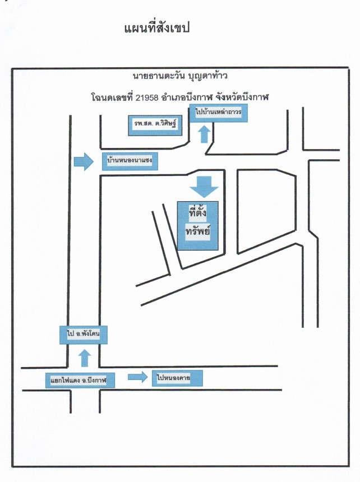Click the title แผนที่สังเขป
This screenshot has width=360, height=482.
pyautogui.click(x=157, y=27)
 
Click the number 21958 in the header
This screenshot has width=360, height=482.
pyautogui.click(x=147, y=98)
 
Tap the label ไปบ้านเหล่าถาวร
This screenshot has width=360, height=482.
pyautogui.click(x=219, y=113)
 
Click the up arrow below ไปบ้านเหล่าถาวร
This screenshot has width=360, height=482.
pyautogui.click(x=204, y=134)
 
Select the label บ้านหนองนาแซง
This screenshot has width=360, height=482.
pyautogui.click(x=130, y=161)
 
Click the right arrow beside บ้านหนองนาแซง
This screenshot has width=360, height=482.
pyautogui.click(x=84, y=161)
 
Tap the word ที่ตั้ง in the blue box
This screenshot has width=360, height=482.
pyautogui.click(x=198, y=212)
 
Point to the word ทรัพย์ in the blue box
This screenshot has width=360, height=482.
pyautogui.click(x=198, y=230)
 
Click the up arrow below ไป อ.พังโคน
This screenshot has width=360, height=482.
pyautogui.click(x=85, y=358)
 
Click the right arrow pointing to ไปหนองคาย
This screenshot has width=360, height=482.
pyautogui.click(x=138, y=377)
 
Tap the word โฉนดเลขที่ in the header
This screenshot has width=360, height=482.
pyautogui.click(x=112, y=98)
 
